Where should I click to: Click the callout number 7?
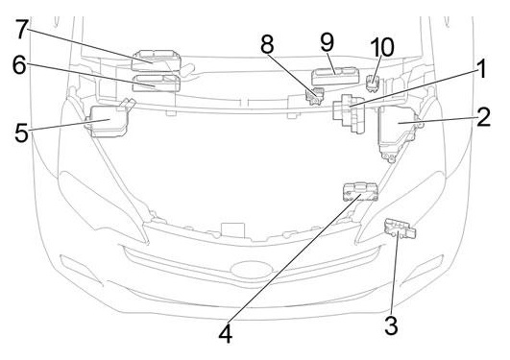(x=22, y=29)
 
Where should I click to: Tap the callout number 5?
(x=21, y=132)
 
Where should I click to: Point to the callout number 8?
(x=267, y=44)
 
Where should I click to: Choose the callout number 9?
(x=327, y=42)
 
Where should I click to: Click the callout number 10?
(x=382, y=47)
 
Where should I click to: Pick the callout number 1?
(x=481, y=68)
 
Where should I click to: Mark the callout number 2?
(x=483, y=117)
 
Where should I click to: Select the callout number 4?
(x=226, y=334)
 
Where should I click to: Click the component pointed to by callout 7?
(x=156, y=60)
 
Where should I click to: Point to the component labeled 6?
(x=156, y=84)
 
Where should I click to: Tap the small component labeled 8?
(x=314, y=96)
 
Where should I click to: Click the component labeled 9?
(x=335, y=77)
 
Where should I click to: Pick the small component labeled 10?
(x=374, y=83)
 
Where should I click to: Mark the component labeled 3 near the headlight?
(x=400, y=228)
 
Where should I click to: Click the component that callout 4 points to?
(x=361, y=192)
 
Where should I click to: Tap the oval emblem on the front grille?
(x=251, y=270)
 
